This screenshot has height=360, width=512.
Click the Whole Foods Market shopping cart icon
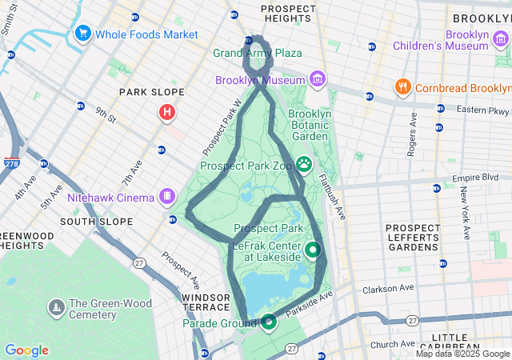82,34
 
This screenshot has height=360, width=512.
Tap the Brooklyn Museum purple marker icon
318,79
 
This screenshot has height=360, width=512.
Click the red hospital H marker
166,112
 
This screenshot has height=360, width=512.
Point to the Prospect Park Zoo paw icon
304,164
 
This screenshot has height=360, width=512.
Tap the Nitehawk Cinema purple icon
166,196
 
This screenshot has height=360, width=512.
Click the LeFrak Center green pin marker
312,249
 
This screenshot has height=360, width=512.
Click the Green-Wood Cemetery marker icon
56,306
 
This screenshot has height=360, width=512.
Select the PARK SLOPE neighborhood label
152,92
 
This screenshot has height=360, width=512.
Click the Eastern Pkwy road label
482,109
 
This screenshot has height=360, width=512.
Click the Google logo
26,350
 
